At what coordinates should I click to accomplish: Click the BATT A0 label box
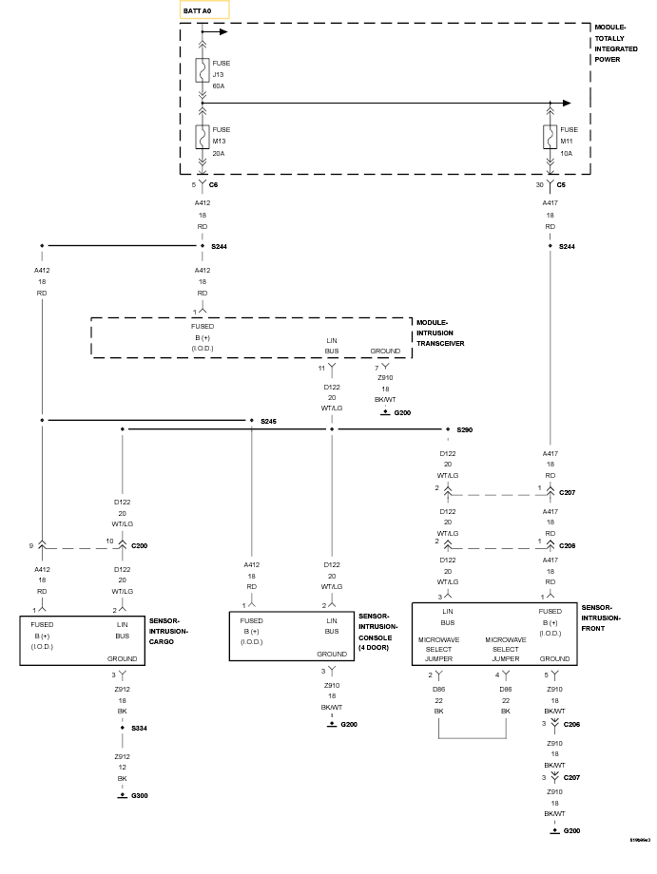click(x=204, y=10)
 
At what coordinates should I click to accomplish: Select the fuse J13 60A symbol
click(x=202, y=70)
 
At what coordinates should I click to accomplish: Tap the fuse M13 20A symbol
click(x=202, y=137)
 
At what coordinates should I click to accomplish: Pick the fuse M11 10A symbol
click(x=550, y=137)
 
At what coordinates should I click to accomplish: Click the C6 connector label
click(x=213, y=184)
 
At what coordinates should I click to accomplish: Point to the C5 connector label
click(x=561, y=184)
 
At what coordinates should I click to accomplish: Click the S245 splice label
click(x=268, y=422)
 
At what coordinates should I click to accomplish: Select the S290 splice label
click(x=465, y=429)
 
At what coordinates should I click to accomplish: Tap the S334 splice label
click(x=140, y=728)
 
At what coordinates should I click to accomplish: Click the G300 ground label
click(x=140, y=795)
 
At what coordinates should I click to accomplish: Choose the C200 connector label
click(x=140, y=545)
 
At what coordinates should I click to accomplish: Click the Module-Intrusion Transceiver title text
click(x=440, y=332)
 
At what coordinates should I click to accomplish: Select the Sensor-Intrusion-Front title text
click(x=601, y=617)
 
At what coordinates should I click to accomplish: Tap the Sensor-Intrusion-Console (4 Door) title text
click(x=378, y=632)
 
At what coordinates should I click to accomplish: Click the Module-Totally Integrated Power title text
click(x=616, y=44)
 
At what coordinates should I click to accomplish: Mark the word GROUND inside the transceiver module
click(x=385, y=351)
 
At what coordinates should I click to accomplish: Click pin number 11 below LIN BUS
click(x=321, y=368)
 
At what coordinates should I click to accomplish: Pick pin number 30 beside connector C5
click(x=539, y=184)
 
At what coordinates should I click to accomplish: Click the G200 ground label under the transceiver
click(x=403, y=413)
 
